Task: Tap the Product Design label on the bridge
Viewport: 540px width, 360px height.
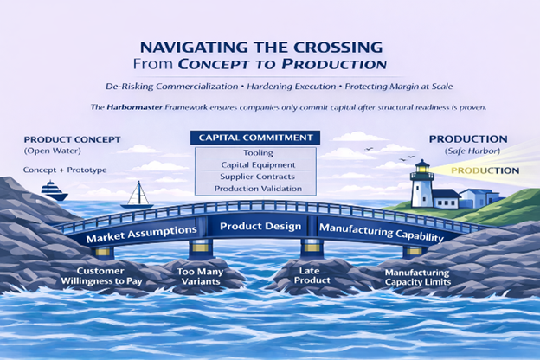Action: [x=260, y=227]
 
